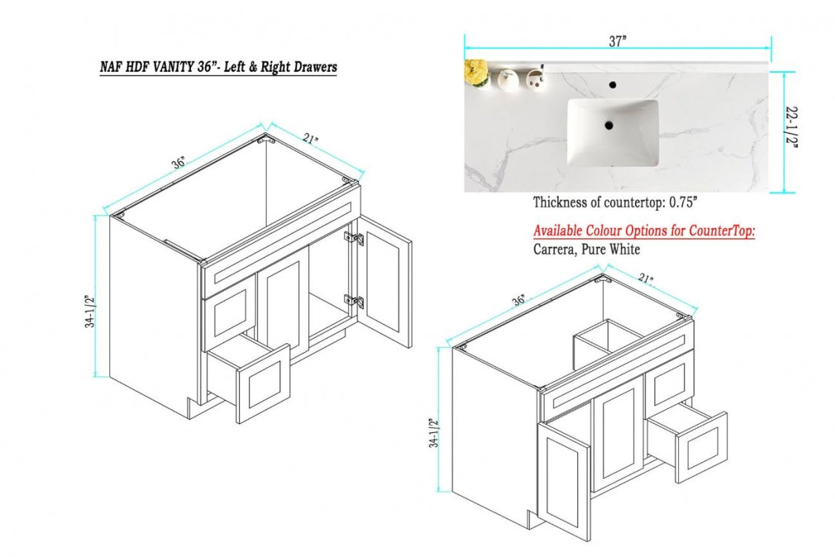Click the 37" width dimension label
[617, 42]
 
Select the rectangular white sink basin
[613, 132]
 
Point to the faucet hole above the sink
[613, 85]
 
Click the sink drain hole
[608, 126]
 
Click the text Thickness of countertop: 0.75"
[615, 202]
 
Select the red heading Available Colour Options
[643, 231]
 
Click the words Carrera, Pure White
[586, 250]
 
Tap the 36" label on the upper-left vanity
[178, 162]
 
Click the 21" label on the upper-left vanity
[311, 140]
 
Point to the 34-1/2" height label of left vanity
[90, 311]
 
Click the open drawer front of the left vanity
[263, 383]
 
